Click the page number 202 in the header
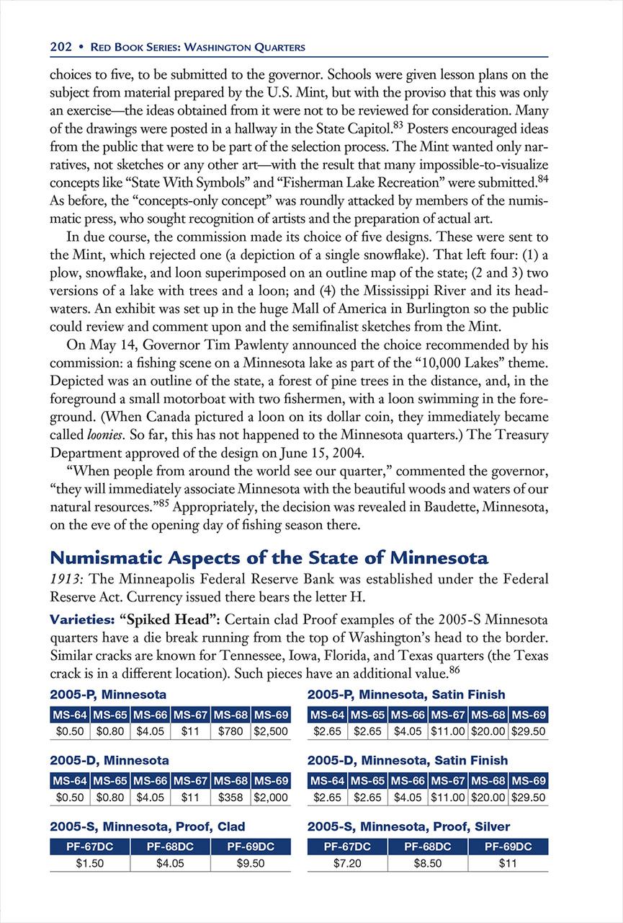tap(60, 48)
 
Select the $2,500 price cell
tap(271, 731)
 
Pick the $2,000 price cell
tap(271, 798)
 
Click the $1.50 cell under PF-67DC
tap(90, 863)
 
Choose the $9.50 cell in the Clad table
tap(250, 863)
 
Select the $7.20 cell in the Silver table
tap(347, 863)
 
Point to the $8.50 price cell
tap(427, 863)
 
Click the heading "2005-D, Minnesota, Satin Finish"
tap(407, 760)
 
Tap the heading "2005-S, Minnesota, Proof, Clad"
tap(148, 826)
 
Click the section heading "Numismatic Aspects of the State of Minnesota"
tap(269, 558)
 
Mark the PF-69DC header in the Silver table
tap(508, 847)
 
